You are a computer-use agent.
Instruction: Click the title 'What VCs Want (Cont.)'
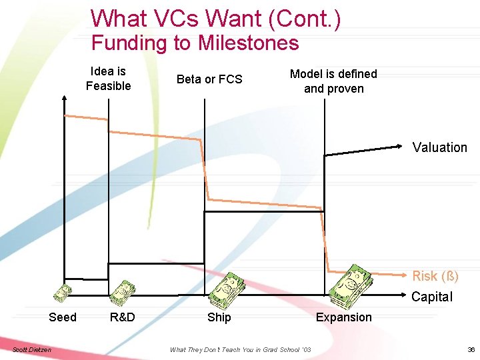point(215,18)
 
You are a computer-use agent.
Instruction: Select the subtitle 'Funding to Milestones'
point(195,43)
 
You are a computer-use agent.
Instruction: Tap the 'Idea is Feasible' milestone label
point(108,79)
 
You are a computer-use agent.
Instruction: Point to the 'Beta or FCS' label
point(209,79)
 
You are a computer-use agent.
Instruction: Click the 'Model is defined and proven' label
point(333,81)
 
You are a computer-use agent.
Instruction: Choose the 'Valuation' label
point(439,147)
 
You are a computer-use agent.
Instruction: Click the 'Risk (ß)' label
point(435,276)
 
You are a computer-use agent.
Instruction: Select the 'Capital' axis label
point(431,297)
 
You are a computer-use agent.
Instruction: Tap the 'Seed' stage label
point(63,317)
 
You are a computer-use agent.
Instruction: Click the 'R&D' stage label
point(122,317)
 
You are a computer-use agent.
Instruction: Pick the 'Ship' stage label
point(219,317)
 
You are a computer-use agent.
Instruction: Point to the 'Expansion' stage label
point(343,317)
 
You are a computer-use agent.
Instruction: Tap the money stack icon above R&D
point(123,292)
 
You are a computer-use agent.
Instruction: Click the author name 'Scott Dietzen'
point(31,349)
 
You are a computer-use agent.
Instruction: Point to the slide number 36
point(471,349)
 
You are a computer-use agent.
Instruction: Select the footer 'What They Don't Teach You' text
point(240,349)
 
